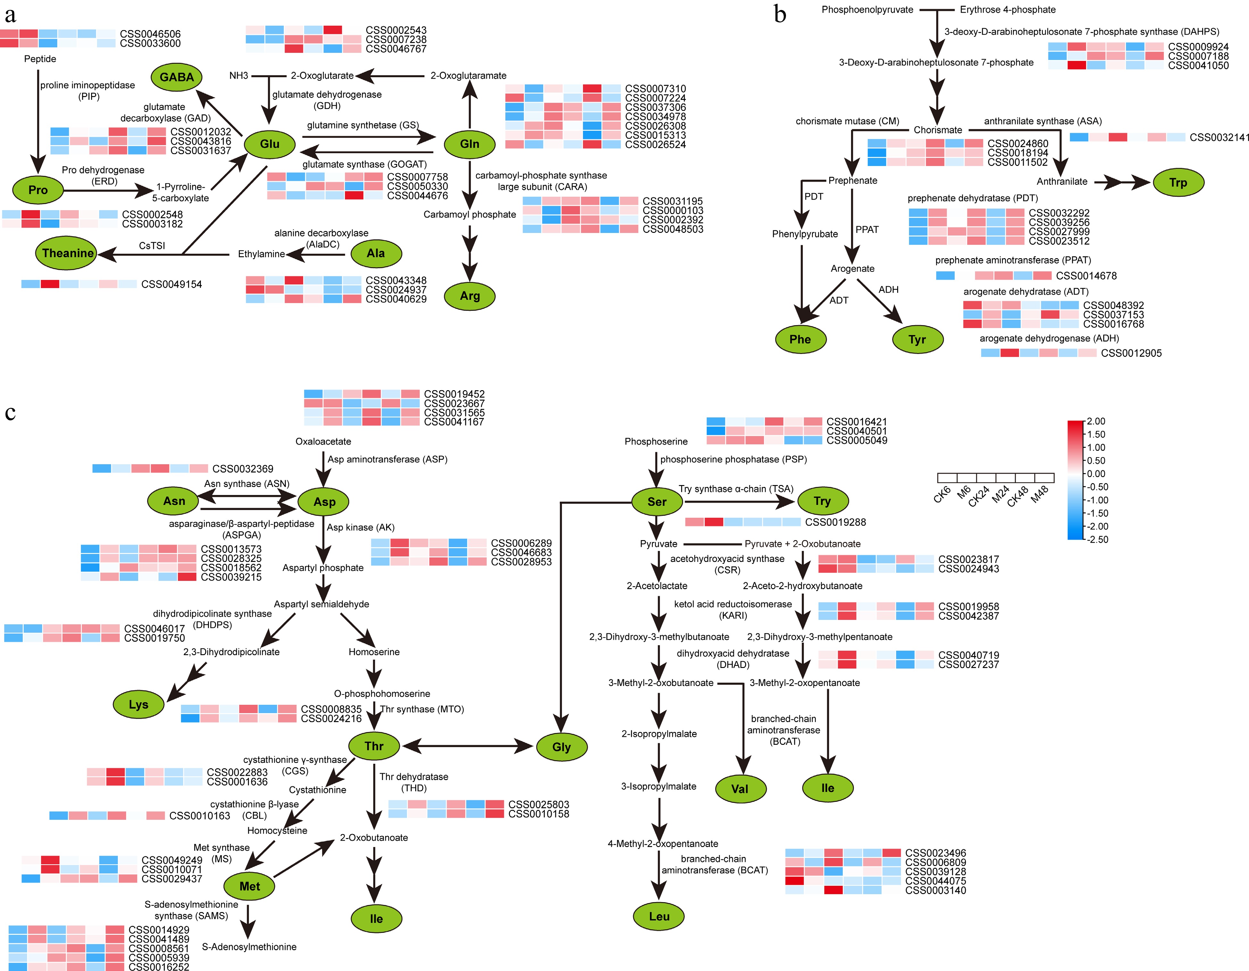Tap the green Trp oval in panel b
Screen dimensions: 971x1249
pos(1178,182)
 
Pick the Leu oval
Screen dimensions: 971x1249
pos(659,916)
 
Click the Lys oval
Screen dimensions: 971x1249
pos(138,704)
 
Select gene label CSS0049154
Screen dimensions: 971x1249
pos(171,284)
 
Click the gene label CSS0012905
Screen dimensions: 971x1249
pos(1131,353)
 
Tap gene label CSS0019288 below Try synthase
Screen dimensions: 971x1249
pos(835,522)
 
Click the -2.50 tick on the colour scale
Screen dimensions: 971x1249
pos(1097,539)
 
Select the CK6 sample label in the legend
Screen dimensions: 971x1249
pos(942,493)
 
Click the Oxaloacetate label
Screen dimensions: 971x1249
pos(323,441)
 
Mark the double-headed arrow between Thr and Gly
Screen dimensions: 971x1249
pos(468,746)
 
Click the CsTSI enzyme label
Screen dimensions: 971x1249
pos(152,245)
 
